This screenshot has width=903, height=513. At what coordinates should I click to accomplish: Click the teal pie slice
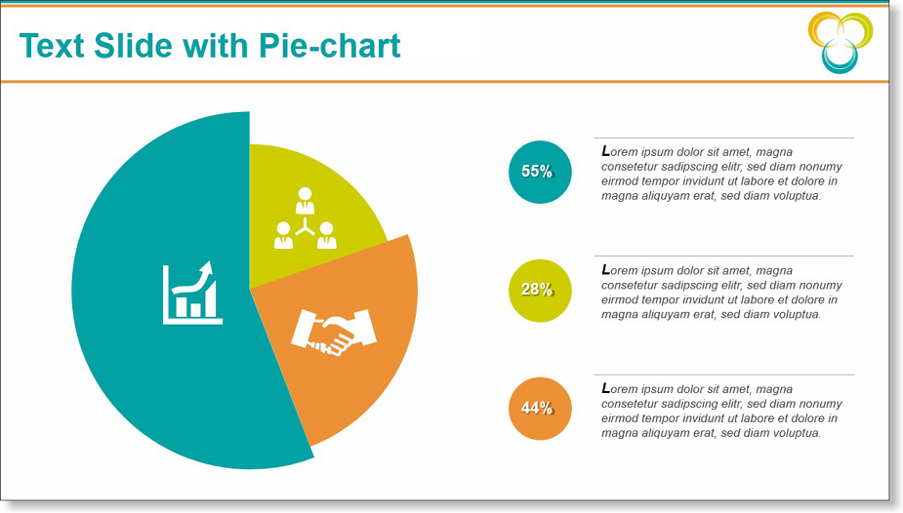pyautogui.click(x=144, y=345)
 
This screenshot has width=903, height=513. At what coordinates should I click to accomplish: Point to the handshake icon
pyautogui.click(x=334, y=333)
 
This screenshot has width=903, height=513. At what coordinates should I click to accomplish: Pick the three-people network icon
pyautogui.click(x=306, y=217)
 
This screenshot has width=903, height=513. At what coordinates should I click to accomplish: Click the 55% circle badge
pyautogui.click(x=540, y=172)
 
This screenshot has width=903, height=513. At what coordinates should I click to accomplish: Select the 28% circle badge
pyautogui.click(x=540, y=291)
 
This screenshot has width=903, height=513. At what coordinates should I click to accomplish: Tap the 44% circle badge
pyautogui.click(x=540, y=409)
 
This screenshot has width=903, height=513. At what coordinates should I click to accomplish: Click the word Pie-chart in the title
pyautogui.click(x=329, y=46)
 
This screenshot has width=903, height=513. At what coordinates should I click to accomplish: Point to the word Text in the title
pyautogui.click(x=52, y=46)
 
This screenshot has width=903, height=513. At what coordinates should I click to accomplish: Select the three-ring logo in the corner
pyautogui.click(x=841, y=43)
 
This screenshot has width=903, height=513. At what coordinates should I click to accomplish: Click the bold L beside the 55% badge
pyautogui.click(x=606, y=151)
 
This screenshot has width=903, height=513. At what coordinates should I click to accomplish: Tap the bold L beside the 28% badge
pyautogui.click(x=606, y=270)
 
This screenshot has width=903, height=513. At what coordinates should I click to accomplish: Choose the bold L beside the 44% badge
pyautogui.click(x=606, y=388)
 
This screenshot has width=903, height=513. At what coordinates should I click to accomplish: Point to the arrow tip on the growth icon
pyautogui.click(x=209, y=263)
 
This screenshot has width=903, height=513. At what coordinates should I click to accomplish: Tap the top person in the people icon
pyautogui.click(x=306, y=200)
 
